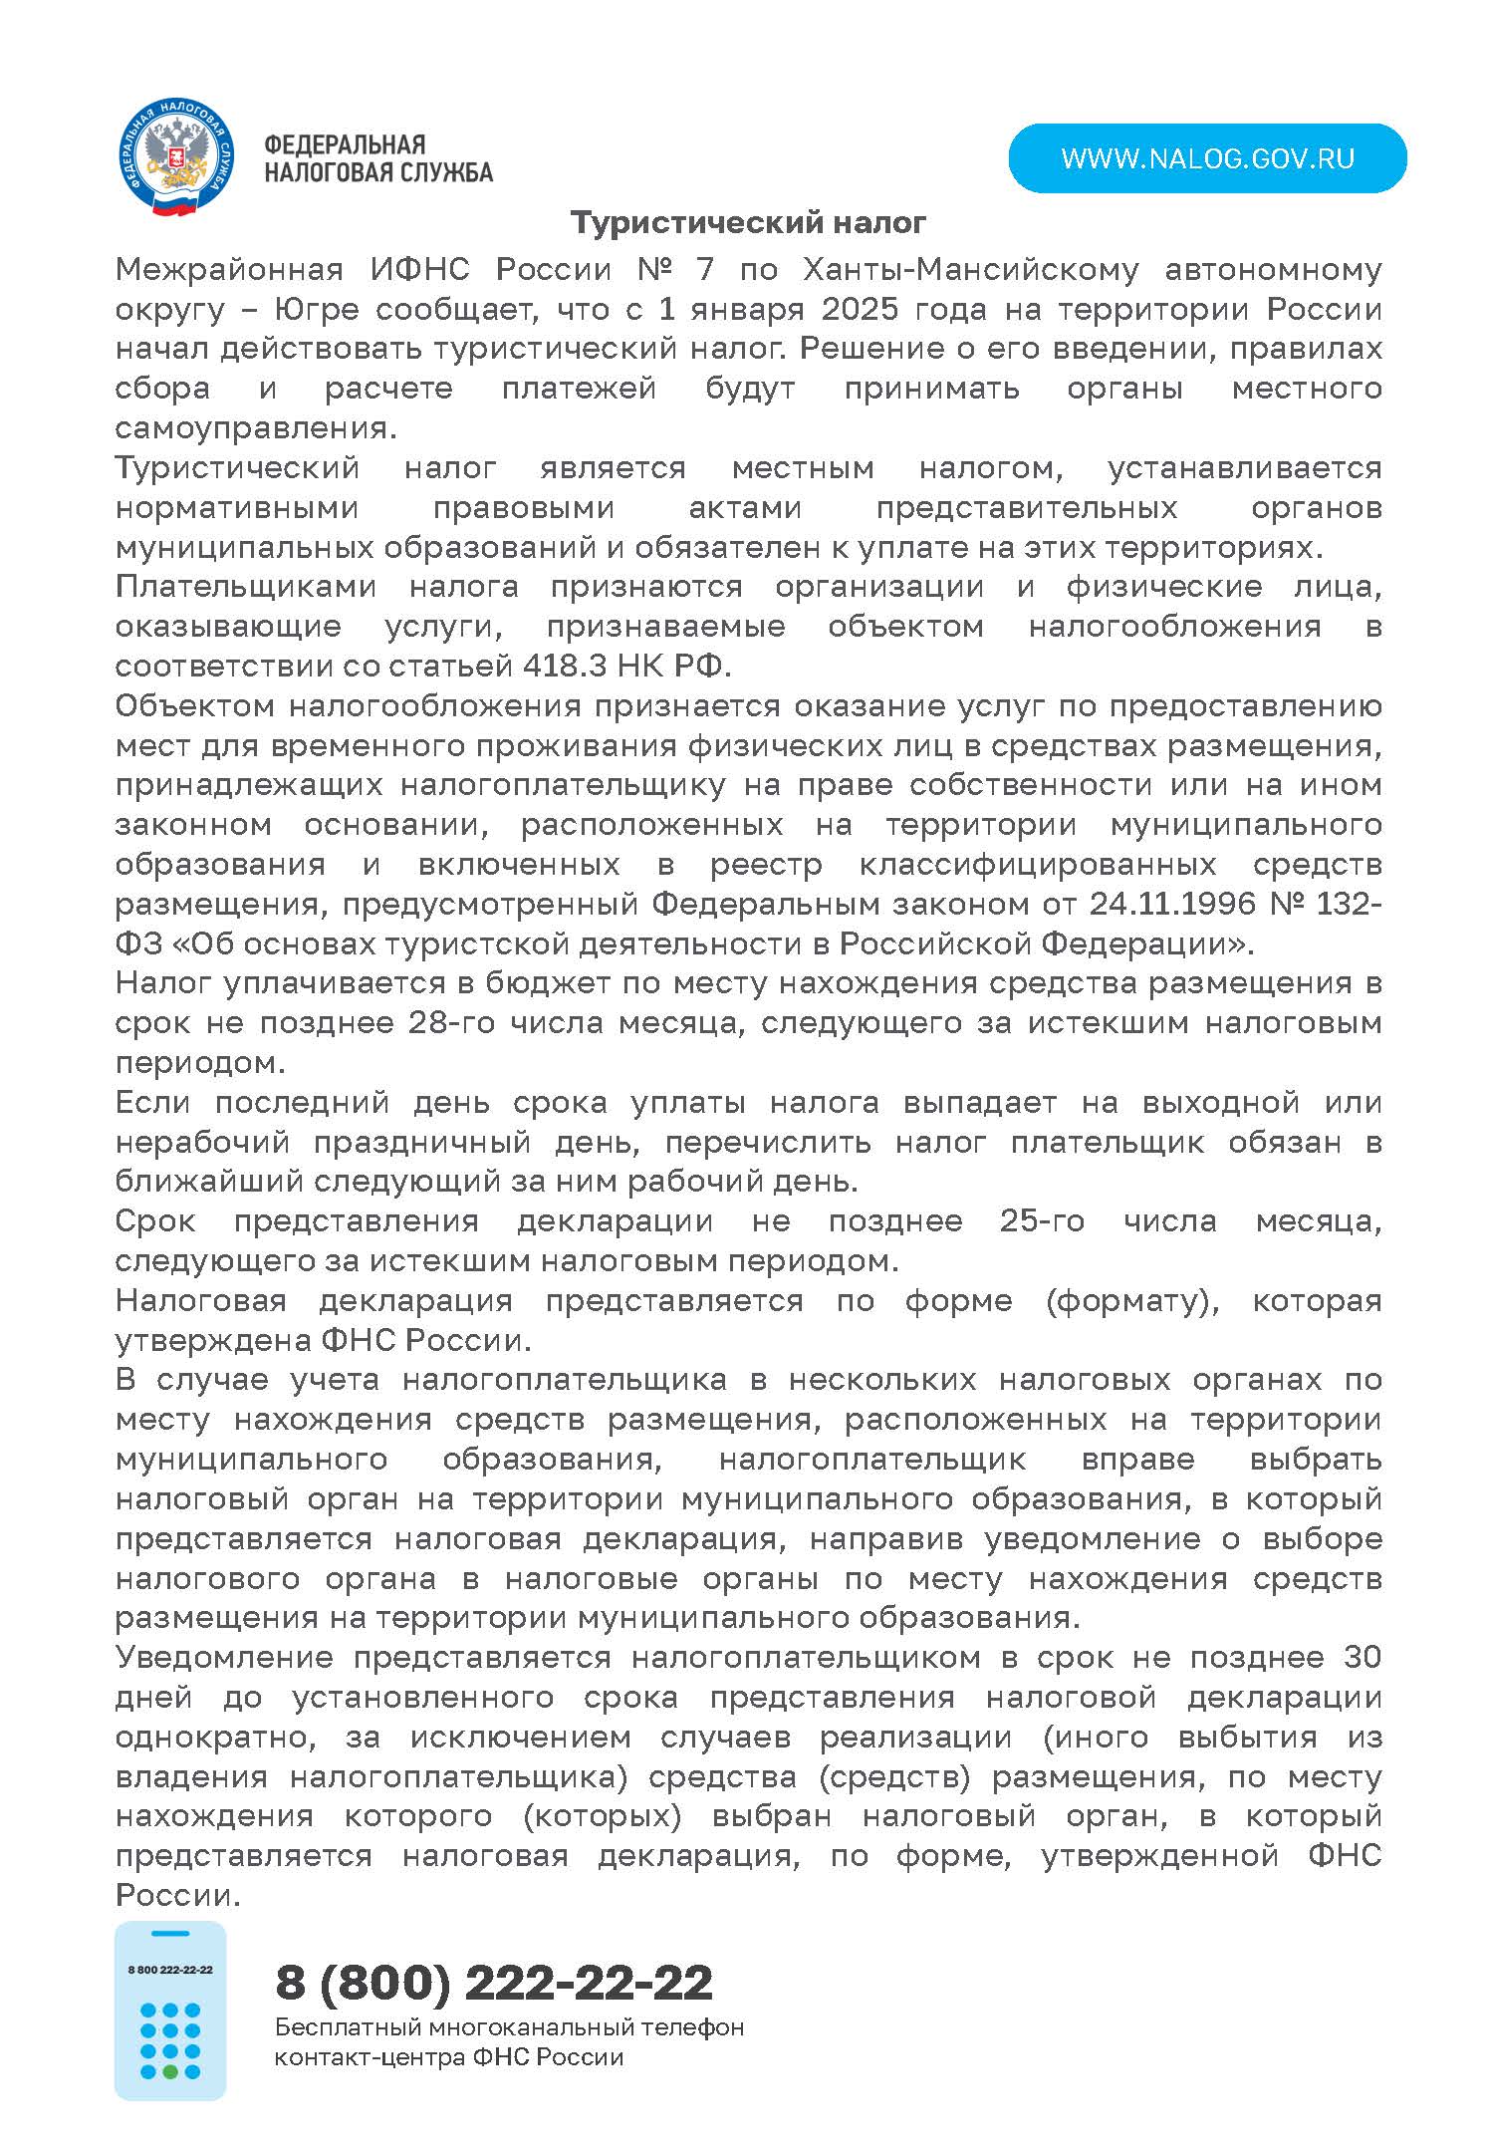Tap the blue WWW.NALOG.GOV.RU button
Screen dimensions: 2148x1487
[1207, 158]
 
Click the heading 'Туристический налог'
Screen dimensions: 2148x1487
[748, 222]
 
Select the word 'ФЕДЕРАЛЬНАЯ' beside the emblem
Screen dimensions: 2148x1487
[345, 145]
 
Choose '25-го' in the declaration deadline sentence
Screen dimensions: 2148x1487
[1042, 1221]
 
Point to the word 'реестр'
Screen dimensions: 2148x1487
[766, 864]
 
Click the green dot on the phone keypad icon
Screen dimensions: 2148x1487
[170, 2071]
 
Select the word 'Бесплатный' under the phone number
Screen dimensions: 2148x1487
[343, 2026]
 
